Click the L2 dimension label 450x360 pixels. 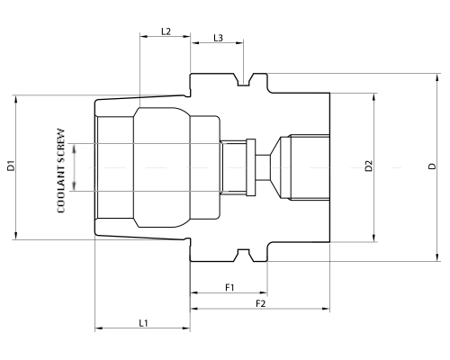pos(166,31)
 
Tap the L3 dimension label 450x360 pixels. pos(218,38)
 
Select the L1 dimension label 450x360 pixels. pos(144,322)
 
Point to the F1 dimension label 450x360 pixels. pos(229,287)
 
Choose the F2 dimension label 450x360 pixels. pos(260,303)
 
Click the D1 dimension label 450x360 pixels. pos(10,166)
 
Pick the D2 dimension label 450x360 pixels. pos(368,166)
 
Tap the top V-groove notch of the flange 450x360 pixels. pos(244,84)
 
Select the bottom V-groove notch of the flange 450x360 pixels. pos(244,251)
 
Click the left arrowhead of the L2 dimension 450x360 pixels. pos(142,38)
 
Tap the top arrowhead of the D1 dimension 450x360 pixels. pos(16,95)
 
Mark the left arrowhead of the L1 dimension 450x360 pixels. pos(97,328)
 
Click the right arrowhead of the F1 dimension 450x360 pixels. pos(265,293)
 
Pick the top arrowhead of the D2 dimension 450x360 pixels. pos(374,93)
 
